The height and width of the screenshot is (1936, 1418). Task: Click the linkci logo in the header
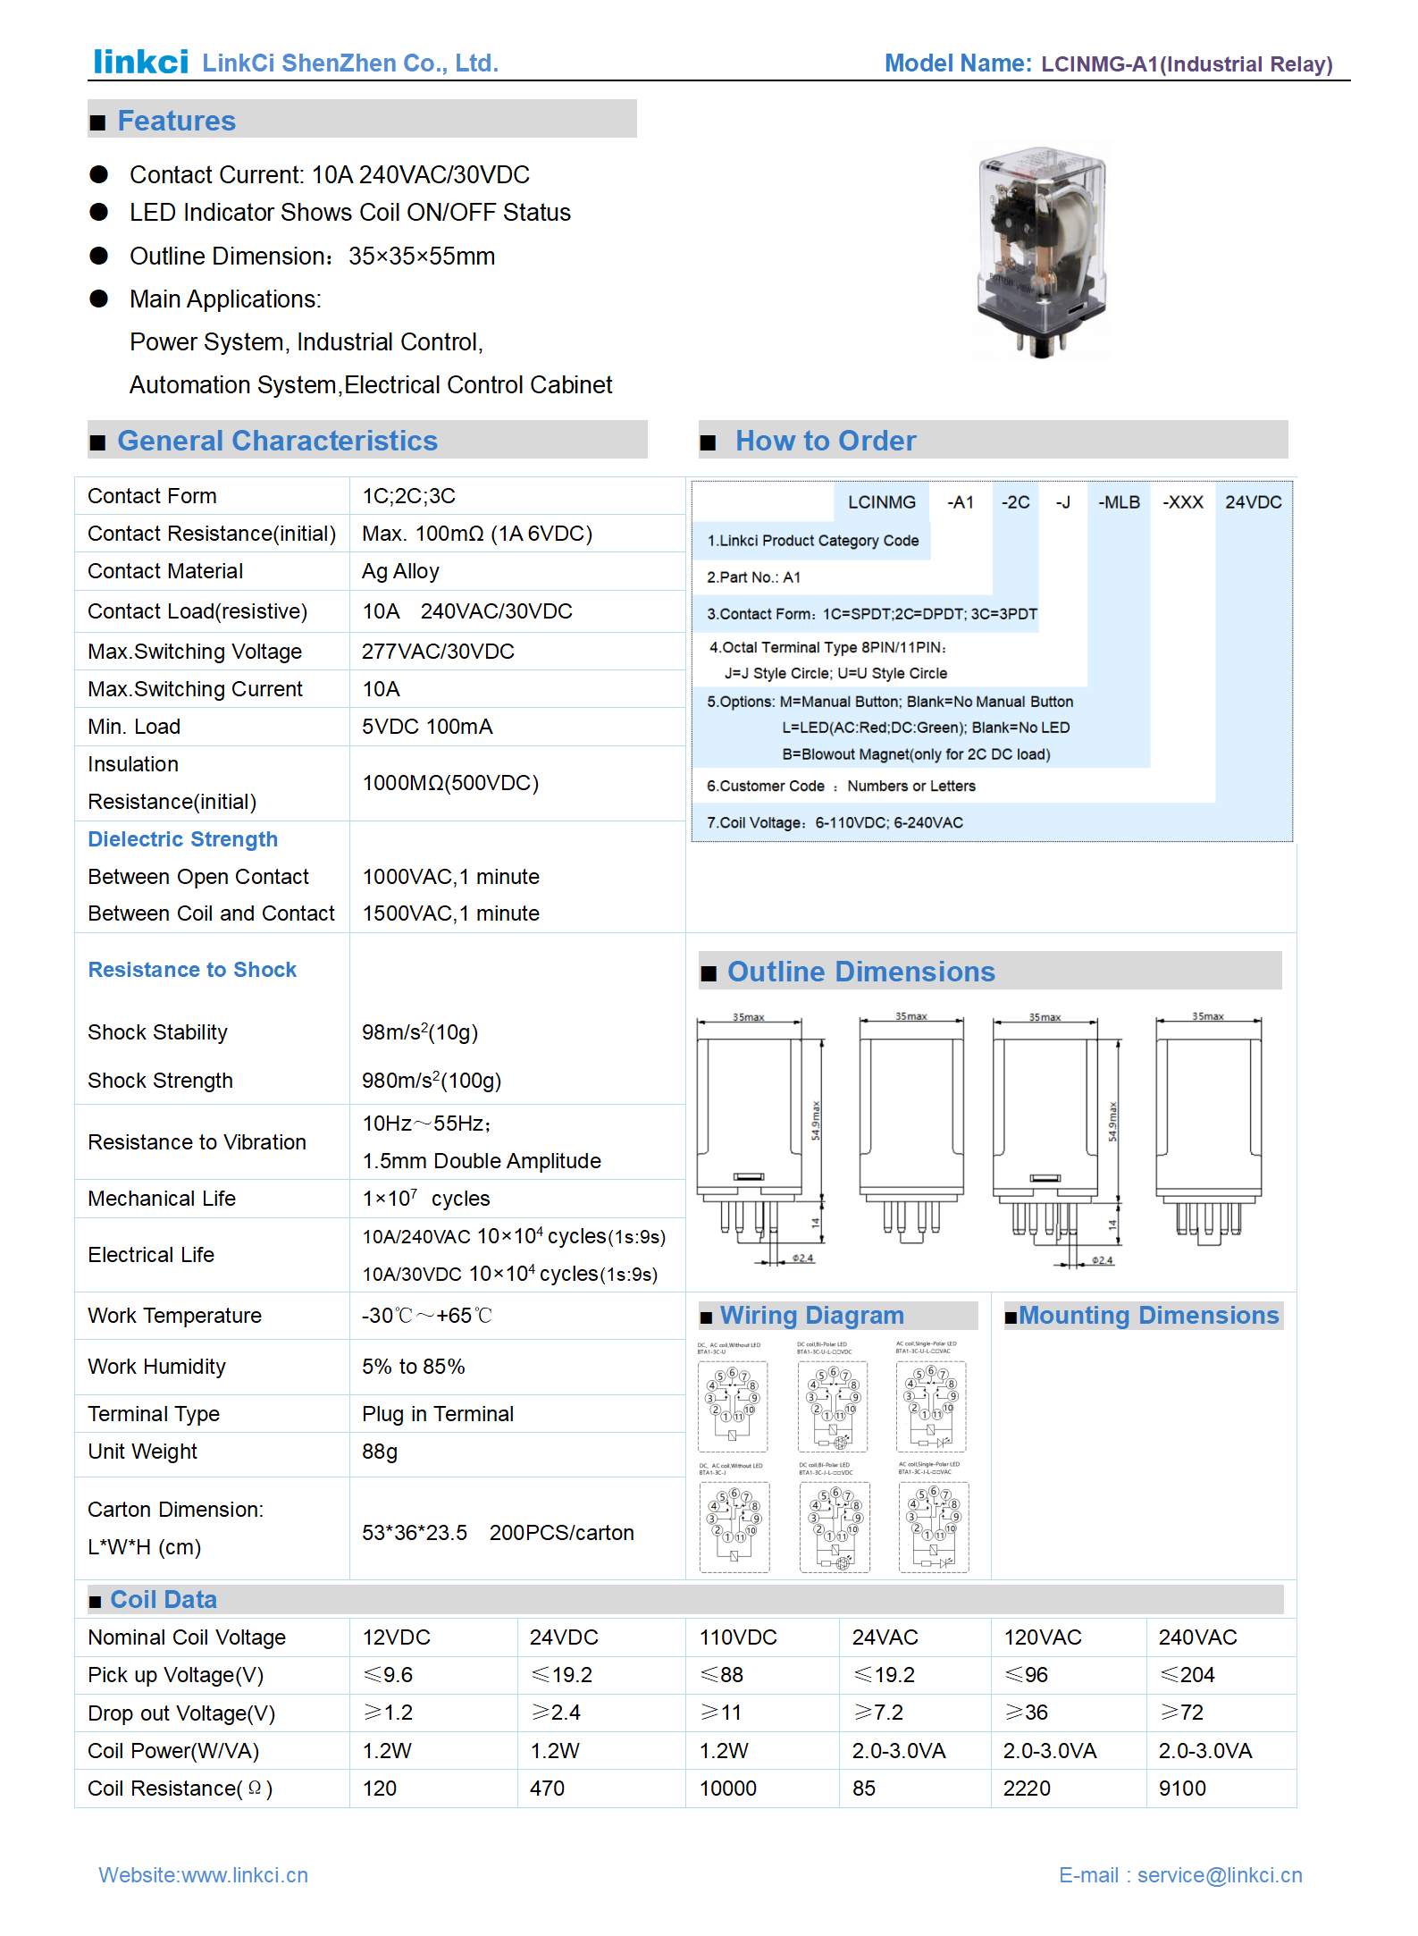click(x=140, y=62)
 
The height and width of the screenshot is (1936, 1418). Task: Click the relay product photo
click(x=1042, y=251)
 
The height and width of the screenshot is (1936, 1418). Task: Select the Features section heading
click(x=176, y=121)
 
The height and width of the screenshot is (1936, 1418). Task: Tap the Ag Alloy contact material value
click(x=400, y=571)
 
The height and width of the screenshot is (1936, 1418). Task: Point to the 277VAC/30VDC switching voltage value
click(x=438, y=652)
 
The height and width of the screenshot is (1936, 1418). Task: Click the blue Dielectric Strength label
click(x=182, y=839)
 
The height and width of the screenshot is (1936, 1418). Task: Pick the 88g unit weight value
click(x=380, y=1452)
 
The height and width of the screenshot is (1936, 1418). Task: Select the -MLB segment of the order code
click(x=1119, y=502)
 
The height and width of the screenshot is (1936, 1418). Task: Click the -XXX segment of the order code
click(x=1182, y=502)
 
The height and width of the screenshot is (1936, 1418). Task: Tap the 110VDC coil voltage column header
click(x=738, y=1637)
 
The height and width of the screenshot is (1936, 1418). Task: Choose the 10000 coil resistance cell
click(x=727, y=1789)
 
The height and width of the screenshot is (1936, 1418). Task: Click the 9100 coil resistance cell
click(x=1182, y=1789)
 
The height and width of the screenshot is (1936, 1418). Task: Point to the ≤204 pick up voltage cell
click(x=1187, y=1675)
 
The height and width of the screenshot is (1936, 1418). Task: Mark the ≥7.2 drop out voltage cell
click(x=878, y=1713)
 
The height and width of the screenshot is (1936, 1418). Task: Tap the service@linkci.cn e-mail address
click(x=1220, y=1875)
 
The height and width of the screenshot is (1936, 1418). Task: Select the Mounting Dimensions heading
click(x=1148, y=1316)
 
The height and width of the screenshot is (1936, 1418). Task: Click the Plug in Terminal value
click(x=438, y=1414)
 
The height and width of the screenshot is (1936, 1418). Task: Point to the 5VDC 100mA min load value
click(x=427, y=727)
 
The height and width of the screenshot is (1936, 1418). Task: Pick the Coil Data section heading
click(x=163, y=1600)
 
